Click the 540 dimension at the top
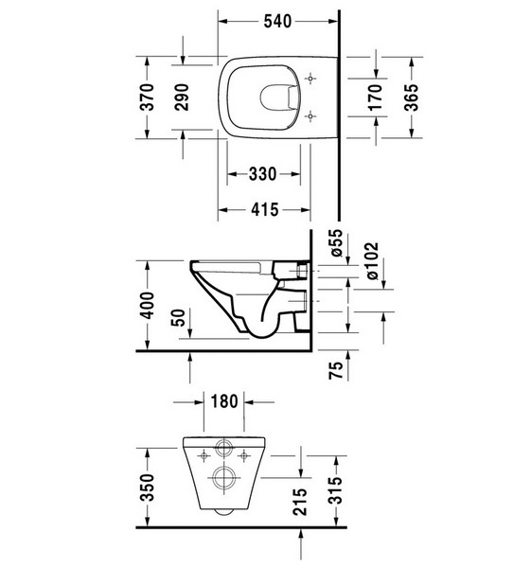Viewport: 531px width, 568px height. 277,22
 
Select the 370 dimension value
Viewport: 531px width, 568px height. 147,98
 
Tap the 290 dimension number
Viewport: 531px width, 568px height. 182,98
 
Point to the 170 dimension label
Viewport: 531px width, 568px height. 375,98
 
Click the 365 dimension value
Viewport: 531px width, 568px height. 411,98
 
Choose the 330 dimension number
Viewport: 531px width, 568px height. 262,174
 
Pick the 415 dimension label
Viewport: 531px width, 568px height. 265,209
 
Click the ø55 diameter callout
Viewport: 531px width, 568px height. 337,242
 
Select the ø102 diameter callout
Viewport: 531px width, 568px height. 372,261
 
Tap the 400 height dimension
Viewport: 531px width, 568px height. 147,306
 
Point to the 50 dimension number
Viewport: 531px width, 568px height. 178,317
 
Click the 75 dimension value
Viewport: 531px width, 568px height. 336,370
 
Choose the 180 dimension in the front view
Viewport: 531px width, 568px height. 224,401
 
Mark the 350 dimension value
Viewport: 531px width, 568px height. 147,488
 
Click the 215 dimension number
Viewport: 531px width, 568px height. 300,502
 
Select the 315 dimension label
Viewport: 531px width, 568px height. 337,490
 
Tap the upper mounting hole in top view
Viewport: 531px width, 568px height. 310,79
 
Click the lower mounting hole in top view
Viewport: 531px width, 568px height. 310,116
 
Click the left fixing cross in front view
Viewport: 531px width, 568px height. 204,455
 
